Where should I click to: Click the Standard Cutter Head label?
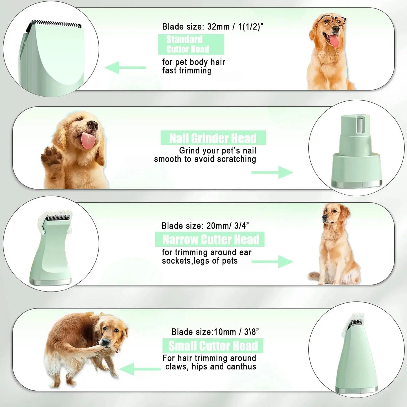[191, 44]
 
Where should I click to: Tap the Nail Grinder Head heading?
[213, 138]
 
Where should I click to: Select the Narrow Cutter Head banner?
[210, 239]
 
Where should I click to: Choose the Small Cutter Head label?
[213, 346]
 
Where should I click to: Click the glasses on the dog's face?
[334, 21]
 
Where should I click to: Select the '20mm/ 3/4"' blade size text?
[228, 226]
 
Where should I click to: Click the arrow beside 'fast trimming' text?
[125, 68]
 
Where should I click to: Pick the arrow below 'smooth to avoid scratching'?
[272, 172]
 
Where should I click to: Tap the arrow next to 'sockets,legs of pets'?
[272, 262]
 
